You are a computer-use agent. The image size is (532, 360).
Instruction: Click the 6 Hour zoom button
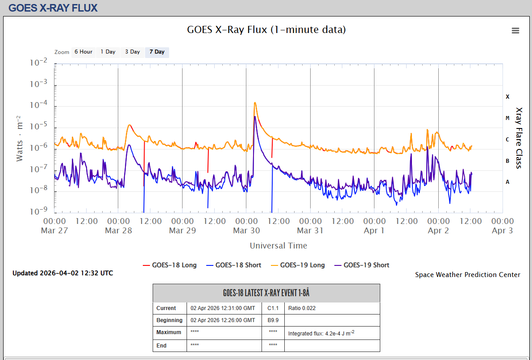point(83,52)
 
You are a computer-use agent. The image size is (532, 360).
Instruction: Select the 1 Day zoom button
point(108,52)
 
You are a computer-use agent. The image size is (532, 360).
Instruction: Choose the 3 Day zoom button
point(132,52)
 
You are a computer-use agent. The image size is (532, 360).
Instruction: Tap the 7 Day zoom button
point(157,52)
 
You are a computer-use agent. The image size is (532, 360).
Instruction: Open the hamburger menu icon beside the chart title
point(515,30)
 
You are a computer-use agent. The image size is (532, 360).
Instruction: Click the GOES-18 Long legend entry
point(170,265)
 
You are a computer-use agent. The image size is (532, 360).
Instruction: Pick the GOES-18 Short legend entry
point(234,265)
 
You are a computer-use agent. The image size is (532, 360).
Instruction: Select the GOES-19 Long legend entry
point(298,265)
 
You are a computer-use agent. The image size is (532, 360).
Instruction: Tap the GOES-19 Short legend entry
point(362,265)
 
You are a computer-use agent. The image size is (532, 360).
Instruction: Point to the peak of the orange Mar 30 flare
point(255,103)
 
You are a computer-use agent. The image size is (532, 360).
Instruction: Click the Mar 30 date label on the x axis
point(246,231)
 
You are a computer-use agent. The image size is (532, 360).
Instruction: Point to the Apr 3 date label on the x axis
point(503,231)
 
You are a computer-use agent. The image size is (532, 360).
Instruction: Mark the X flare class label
point(507,97)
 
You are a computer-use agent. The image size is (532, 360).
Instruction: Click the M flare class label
point(507,118)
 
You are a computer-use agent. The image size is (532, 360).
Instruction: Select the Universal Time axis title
point(278,245)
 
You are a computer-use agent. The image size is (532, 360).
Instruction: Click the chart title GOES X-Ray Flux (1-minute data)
point(266,29)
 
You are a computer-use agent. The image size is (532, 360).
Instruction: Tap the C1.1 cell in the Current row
point(273,308)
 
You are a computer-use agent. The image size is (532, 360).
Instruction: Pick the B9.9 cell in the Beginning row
point(273,320)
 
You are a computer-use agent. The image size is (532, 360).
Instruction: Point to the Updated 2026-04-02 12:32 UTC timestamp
point(63,273)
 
